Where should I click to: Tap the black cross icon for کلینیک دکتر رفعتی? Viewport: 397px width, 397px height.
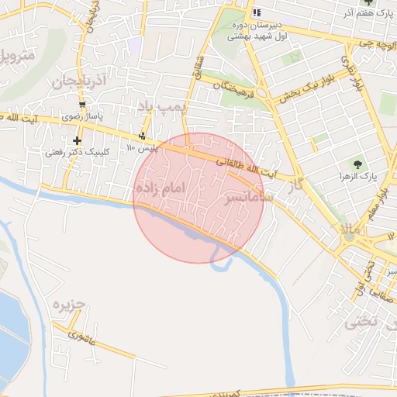tap(77, 140)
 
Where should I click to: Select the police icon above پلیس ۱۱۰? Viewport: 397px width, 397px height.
tap(141, 137)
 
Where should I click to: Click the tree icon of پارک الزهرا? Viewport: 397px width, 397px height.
tap(357, 164)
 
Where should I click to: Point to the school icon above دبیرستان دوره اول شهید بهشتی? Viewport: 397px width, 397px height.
tap(256, 12)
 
